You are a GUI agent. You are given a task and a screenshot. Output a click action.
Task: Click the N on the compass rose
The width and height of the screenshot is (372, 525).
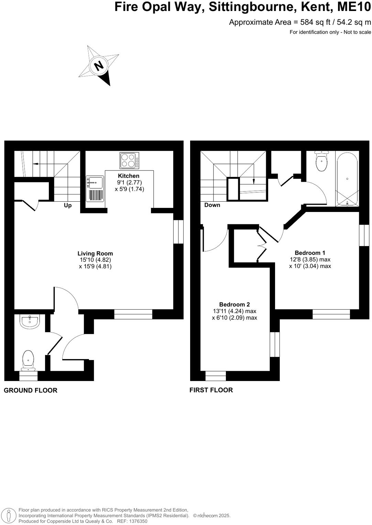click(x=99, y=65)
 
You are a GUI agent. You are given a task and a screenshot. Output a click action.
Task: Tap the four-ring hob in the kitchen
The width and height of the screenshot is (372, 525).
click(x=129, y=160)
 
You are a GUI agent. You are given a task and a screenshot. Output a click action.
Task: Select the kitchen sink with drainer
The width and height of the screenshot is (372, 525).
click(x=95, y=189)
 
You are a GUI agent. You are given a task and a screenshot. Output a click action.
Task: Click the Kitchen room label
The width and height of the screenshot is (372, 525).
click(x=129, y=176)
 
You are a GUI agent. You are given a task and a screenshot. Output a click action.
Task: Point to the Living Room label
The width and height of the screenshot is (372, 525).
click(x=95, y=254)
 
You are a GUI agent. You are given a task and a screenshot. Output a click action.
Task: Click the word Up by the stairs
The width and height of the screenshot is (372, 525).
click(x=68, y=205)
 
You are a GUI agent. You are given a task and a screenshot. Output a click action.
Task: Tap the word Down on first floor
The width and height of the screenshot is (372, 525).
click(x=212, y=205)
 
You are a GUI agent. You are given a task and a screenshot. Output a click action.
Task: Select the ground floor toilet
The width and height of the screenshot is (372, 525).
click(x=28, y=360)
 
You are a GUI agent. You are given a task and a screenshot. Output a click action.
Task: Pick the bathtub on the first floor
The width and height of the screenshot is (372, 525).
click(x=347, y=179)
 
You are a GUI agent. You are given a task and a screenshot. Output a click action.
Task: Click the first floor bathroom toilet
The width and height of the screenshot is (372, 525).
click(x=321, y=162)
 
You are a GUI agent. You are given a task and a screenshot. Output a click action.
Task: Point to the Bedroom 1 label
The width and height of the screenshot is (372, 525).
click(x=310, y=253)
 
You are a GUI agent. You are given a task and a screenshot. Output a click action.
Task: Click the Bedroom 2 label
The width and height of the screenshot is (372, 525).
click(x=234, y=304)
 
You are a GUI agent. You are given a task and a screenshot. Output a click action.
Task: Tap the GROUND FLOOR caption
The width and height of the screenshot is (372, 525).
click(x=31, y=390)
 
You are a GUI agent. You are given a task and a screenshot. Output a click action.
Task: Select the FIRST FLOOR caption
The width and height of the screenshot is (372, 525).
click(x=211, y=390)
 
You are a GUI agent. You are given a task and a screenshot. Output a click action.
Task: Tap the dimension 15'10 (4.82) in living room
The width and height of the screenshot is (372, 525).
click(x=95, y=260)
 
